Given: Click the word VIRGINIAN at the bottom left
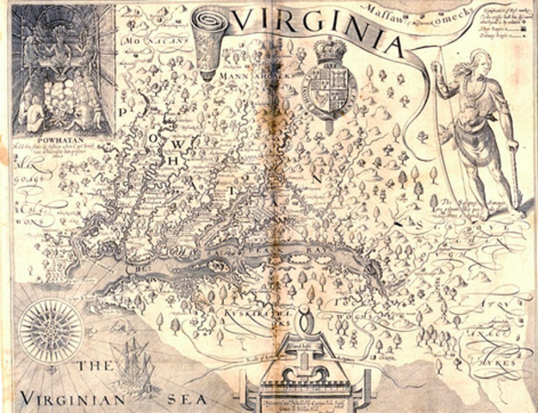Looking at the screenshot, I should [72, 398].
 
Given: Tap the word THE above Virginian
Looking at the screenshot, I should [92, 367].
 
